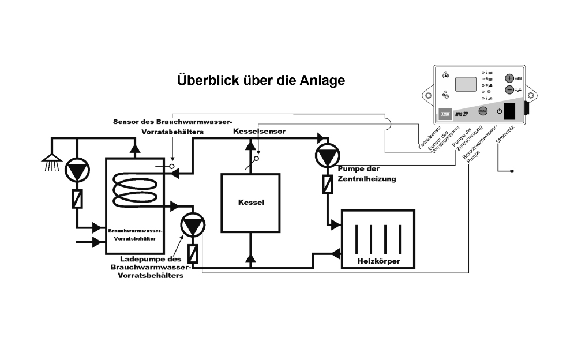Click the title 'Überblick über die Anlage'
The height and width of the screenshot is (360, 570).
tap(261, 80)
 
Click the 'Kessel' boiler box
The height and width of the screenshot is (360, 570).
tap(251, 202)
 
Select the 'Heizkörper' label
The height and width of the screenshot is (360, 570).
tap(378, 262)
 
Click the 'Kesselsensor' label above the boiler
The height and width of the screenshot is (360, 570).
tap(259, 132)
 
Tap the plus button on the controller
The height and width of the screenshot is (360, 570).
tap(509, 78)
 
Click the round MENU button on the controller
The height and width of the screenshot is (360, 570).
tap(483, 110)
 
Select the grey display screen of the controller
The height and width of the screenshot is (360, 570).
tap(466, 84)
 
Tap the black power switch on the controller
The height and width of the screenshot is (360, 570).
tap(509, 110)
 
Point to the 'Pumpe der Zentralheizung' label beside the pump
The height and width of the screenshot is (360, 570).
tap(367, 175)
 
